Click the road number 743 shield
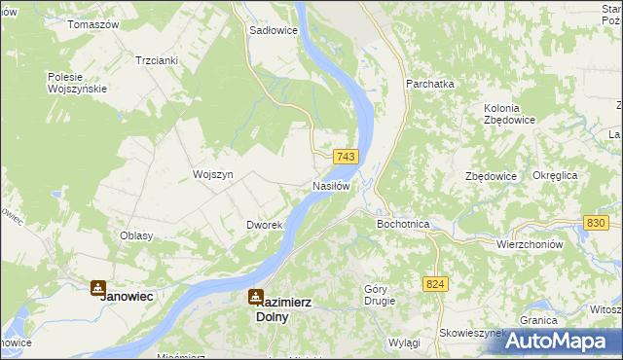[347, 157]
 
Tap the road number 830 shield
[597, 223]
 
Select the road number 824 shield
[435, 282]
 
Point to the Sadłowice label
[274, 30]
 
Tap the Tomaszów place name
[93, 23]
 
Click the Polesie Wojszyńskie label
[83, 83]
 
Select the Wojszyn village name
[213, 174]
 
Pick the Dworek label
[264, 225]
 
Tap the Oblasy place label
[137, 235]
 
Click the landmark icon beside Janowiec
[97, 287]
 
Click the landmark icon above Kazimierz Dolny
[255, 296]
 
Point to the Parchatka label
[430, 84]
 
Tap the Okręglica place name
[556, 175]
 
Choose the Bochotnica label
[403, 224]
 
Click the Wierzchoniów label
[531, 244]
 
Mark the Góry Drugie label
[380, 295]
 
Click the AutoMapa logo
[556, 342]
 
